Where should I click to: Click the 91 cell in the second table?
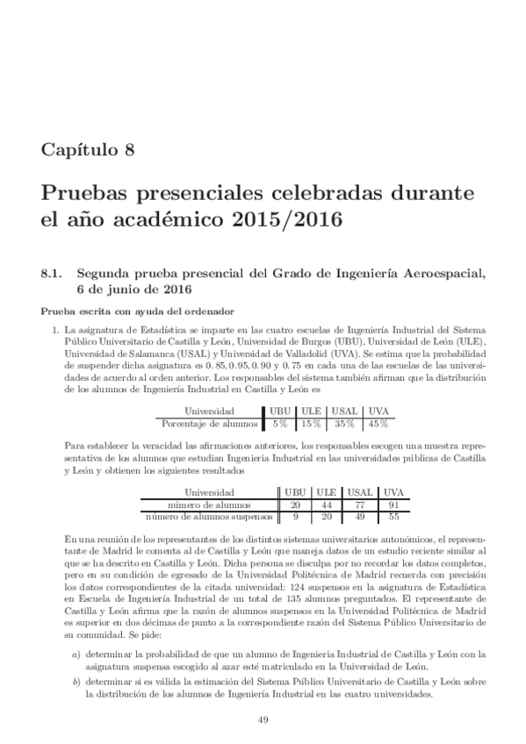click(x=393, y=505)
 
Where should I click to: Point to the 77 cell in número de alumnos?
click(x=357, y=505)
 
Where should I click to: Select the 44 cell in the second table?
click(x=326, y=505)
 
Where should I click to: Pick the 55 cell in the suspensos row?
click(x=393, y=517)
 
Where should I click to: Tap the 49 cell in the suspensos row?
click(x=357, y=517)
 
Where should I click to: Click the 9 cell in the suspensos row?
click(x=295, y=517)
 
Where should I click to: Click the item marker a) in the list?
click(x=76, y=655)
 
